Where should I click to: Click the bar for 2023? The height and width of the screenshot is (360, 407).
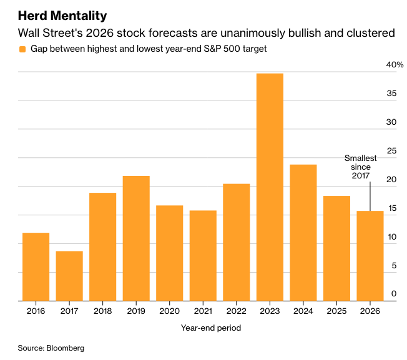click(x=270, y=187)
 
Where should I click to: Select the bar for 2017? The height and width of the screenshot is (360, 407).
click(x=69, y=276)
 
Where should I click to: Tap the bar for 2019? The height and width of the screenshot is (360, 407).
click(x=136, y=238)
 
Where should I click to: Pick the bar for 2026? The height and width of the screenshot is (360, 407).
click(x=370, y=256)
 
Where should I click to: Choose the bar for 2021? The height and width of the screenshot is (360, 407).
click(x=203, y=256)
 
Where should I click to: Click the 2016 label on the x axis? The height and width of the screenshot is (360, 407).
click(x=36, y=310)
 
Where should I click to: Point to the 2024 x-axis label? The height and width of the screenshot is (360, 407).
click(x=303, y=310)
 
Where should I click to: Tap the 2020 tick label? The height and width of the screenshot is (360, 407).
click(x=170, y=310)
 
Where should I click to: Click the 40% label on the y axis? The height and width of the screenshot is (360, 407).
click(x=395, y=65)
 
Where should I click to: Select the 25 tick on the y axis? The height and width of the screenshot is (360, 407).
click(x=391, y=151)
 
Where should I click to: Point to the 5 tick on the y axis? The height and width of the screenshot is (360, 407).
click(x=394, y=265)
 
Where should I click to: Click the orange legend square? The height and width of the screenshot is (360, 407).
click(x=23, y=49)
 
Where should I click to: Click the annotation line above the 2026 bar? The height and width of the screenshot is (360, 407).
click(x=370, y=197)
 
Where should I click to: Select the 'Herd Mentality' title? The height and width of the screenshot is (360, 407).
click(x=62, y=15)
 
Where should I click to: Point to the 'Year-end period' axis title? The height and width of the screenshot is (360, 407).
click(x=211, y=328)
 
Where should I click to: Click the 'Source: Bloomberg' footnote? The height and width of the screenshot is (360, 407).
click(x=51, y=348)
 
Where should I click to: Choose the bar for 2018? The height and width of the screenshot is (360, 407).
click(x=102, y=247)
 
